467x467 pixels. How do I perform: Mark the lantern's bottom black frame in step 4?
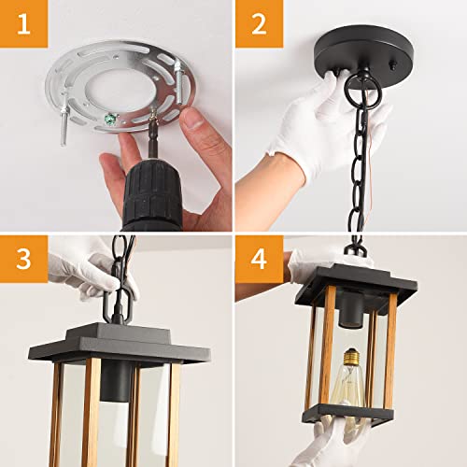[x=346, y=415]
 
